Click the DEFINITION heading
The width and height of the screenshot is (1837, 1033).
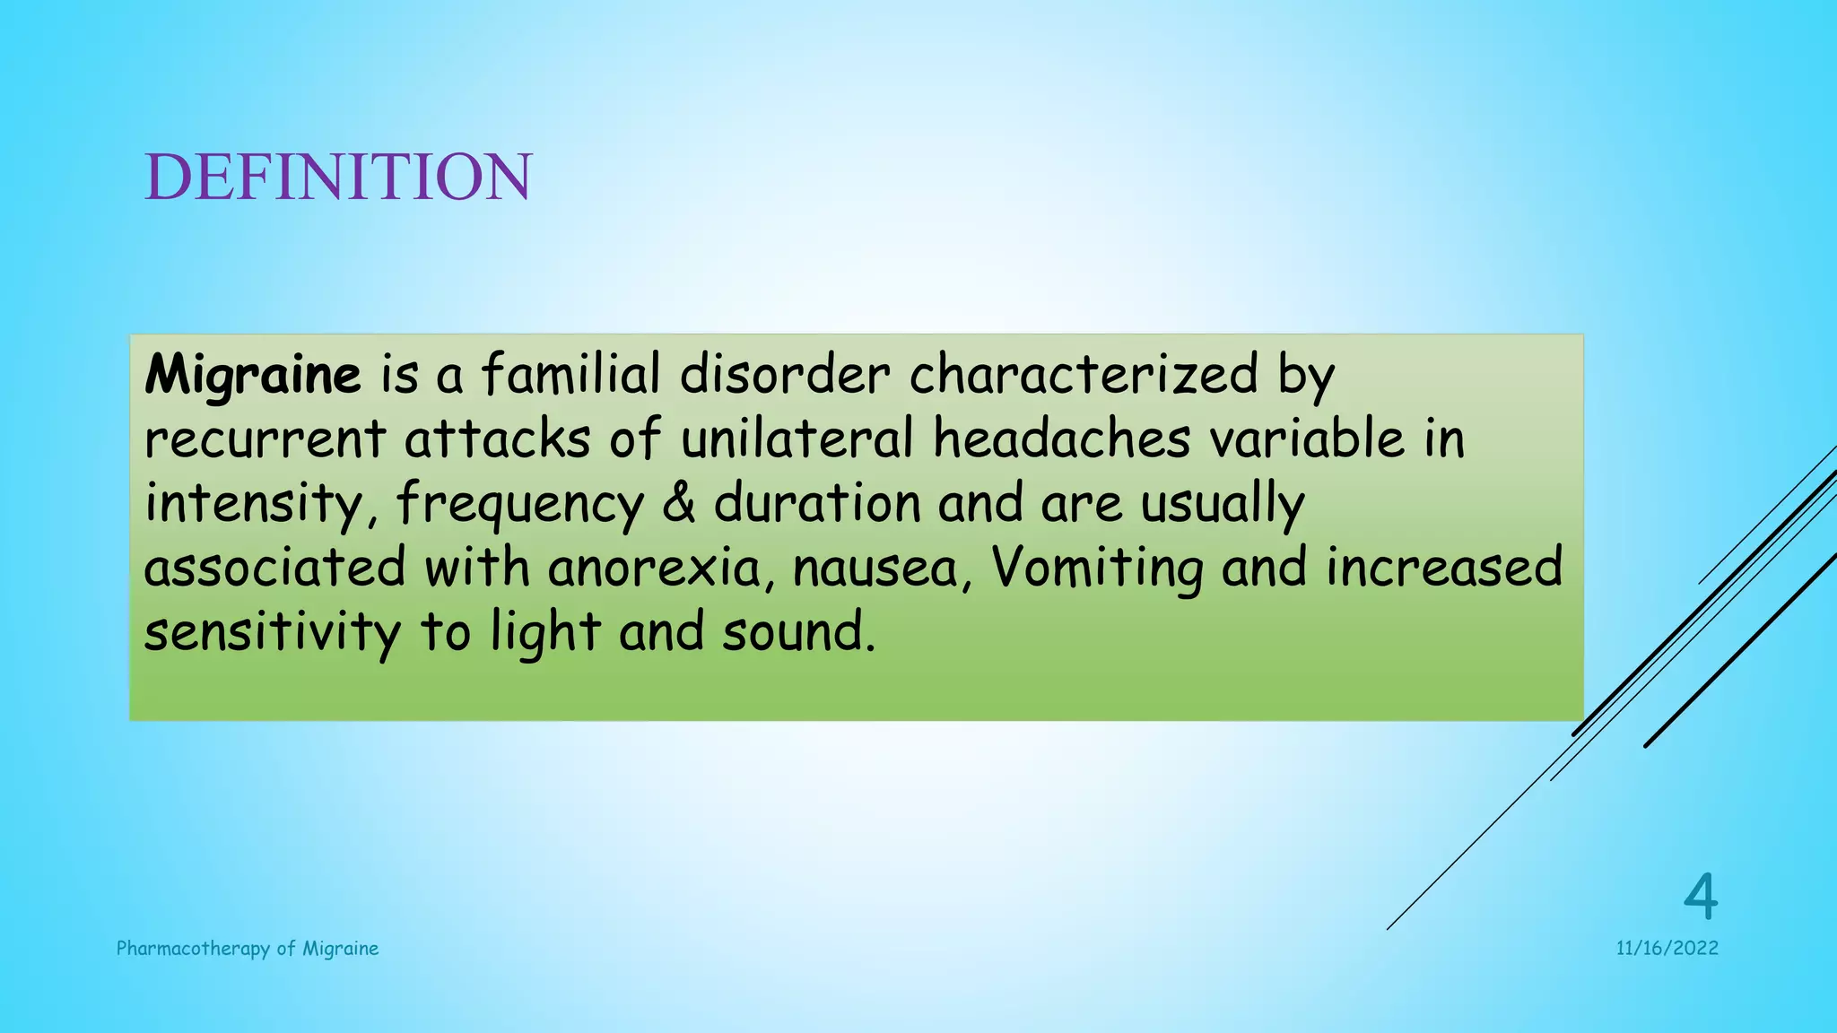(x=338, y=177)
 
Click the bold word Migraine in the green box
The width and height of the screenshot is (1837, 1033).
(x=253, y=374)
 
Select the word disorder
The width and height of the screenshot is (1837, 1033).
(x=785, y=374)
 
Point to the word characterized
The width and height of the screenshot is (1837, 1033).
(x=1084, y=374)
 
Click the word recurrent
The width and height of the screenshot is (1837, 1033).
(x=266, y=439)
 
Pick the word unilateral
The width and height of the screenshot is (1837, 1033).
(x=797, y=439)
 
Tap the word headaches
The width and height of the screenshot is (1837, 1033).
(x=1061, y=439)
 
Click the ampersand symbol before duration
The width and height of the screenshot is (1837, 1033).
(x=679, y=504)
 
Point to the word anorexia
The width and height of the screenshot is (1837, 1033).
(x=655, y=569)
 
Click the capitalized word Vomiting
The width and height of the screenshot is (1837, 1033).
(x=1097, y=569)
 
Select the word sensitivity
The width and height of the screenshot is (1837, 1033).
(x=273, y=633)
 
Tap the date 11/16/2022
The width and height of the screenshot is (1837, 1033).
(x=1667, y=949)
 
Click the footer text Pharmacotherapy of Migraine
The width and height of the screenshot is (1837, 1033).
(x=248, y=949)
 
